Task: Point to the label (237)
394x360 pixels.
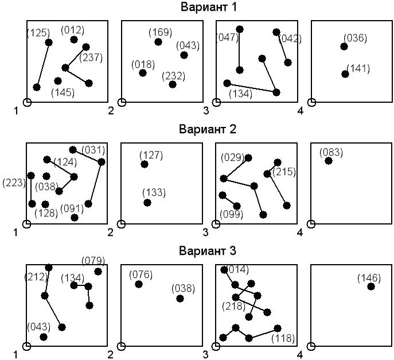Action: pos(91,57)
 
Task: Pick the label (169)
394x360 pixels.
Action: pos(160,32)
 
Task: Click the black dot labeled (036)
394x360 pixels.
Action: pos(345,47)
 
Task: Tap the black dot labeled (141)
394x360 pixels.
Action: pos(345,74)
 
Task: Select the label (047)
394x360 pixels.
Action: pos(227,38)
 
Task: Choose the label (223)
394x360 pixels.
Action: pos(13,182)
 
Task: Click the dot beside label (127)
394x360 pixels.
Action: pos(145,164)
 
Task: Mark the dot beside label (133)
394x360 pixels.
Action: pos(147,203)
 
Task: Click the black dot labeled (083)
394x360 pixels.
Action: pos(329,161)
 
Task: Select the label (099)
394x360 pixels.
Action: pos(232,215)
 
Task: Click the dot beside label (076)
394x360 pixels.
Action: pos(139,284)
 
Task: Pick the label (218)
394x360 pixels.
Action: pos(233,307)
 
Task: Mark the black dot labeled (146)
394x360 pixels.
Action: pos(371,287)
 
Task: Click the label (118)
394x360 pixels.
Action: pos(283,338)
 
